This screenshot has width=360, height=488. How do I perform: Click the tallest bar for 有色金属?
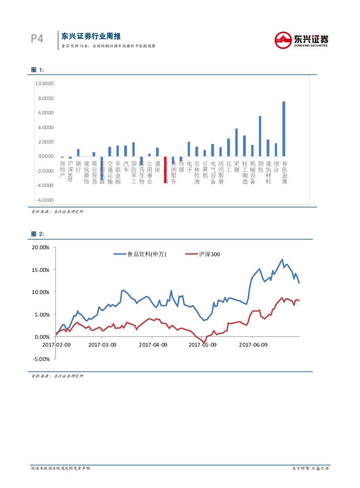click(284, 129)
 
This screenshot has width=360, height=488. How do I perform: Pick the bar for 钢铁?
click(260, 136)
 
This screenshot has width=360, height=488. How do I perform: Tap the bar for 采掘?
click(236, 142)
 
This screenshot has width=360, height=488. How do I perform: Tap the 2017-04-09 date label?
click(153, 345)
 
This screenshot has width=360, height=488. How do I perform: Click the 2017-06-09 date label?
click(253, 345)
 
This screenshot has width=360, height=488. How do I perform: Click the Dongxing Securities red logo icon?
click(283, 40)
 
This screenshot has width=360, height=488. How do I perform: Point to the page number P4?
click(37, 39)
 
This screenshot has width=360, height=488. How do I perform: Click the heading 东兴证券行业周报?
click(91, 36)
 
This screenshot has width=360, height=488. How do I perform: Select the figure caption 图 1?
click(38, 70)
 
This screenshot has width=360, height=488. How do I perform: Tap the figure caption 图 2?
click(38, 234)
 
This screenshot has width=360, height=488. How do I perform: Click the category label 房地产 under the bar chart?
click(62, 169)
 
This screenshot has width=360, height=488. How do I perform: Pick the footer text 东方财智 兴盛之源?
click(310, 468)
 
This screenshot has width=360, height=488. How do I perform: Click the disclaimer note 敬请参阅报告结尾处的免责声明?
click(61, 468)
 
